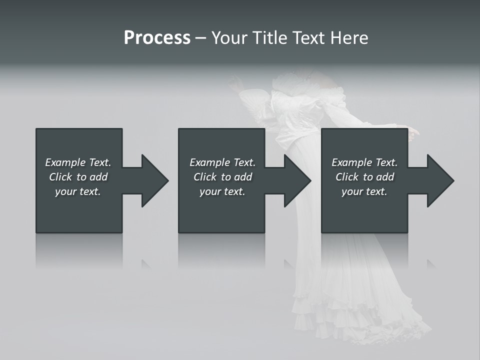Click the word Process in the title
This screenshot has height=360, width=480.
(x=157, y=38)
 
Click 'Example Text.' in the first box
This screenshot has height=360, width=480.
(x=78, y=162)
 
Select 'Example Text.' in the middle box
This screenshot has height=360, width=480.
(x=222, y=162)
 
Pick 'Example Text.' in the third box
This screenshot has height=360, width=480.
(x=364, y=162)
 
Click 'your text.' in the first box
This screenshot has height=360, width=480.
(x=78, y=191)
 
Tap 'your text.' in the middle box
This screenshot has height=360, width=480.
(x=222, y=191)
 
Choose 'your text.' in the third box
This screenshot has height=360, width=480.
(x=364, y=191)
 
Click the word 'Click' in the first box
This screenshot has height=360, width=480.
(x=60, y=177)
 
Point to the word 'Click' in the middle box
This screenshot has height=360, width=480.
(x=205, y=177)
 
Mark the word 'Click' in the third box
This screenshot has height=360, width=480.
(x=347, y=177)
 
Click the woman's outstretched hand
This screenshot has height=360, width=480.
(x=413, y=133)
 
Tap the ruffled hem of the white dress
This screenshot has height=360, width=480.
(x=360, y=320)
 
